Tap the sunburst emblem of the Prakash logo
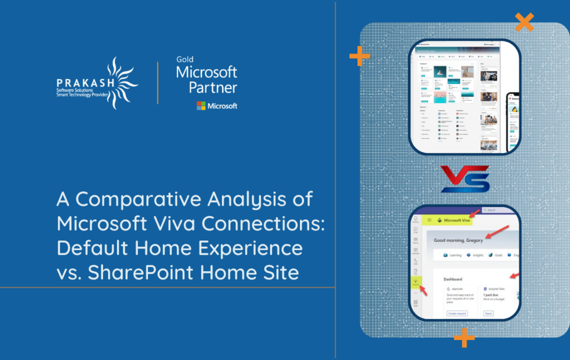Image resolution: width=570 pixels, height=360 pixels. tap(120, 83)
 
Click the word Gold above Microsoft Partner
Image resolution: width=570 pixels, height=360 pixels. tap(185, 59)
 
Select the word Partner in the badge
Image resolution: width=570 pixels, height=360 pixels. tap(213, 87)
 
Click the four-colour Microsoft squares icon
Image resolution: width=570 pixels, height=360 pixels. tap(201, 106)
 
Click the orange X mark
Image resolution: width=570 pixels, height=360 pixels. tap(524, 22)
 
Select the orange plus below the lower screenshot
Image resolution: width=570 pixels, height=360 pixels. tap(464, 338)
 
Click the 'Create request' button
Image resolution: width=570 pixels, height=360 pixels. tap(457, 313)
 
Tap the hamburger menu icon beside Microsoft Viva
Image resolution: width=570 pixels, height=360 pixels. tap(431, 220)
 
